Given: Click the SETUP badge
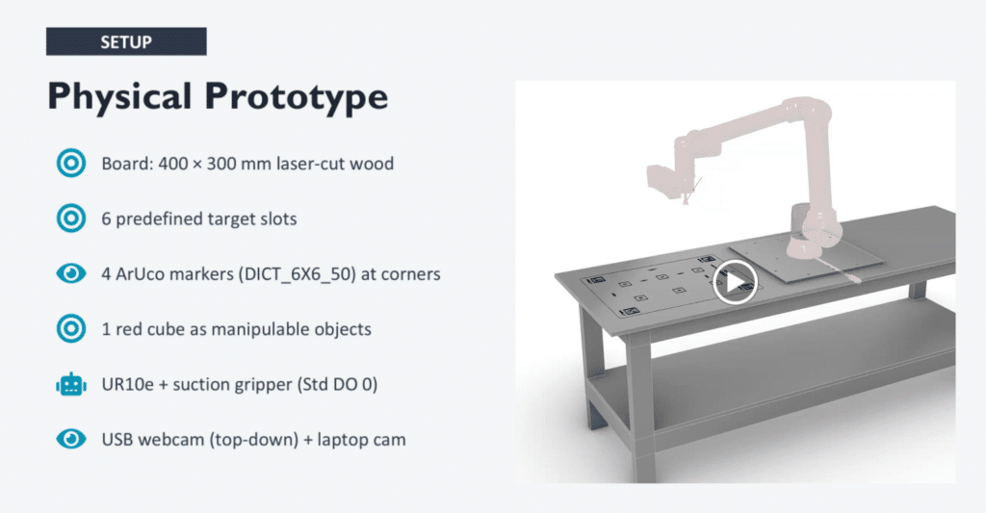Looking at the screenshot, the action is click(126, 41).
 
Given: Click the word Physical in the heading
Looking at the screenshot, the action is click(119, 97).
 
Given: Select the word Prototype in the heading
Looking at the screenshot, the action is click(296, 98).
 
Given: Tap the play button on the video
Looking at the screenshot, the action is click(735, 282).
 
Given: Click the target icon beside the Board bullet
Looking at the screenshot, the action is click(71, 164).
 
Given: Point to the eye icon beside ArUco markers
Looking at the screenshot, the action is click(71, 273).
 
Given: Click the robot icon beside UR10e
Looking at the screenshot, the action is click(71, 384).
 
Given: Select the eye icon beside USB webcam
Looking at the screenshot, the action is click(71, 439).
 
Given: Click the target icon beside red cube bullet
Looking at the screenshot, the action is click(71, 329).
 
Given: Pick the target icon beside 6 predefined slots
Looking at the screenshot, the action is click(71, 218).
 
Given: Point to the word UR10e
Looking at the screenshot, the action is click(128, 384).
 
